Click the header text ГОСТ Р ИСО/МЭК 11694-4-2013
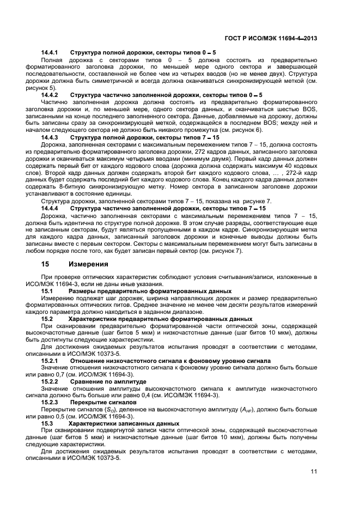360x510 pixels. (271, 38)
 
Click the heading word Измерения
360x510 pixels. (89, 264)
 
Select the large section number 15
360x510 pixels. (46, 264)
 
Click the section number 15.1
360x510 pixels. (47, 291)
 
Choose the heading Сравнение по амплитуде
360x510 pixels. (103, 382)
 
